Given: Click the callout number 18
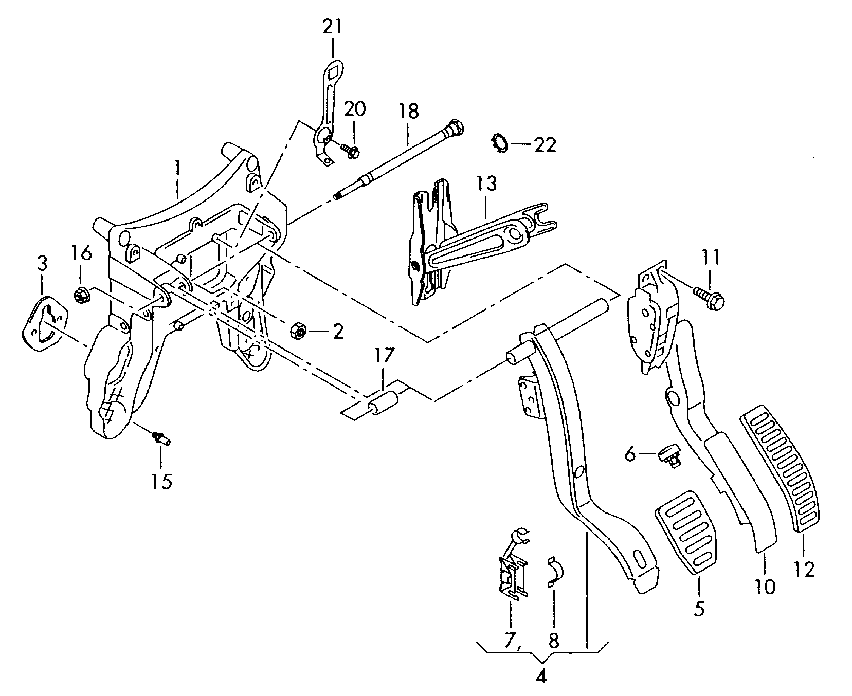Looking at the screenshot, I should pos(408,112).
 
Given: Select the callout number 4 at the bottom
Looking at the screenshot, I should pos(540,676).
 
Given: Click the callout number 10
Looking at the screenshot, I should pos(765,586).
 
